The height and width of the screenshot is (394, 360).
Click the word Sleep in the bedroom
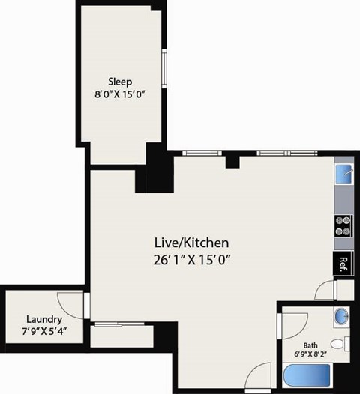point(120,82)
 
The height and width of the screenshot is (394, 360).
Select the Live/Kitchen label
point(190,243)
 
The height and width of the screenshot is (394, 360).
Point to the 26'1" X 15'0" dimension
point(190,261)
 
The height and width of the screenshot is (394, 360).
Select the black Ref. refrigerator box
point(343,264)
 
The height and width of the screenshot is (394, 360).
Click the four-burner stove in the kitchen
point(343,225)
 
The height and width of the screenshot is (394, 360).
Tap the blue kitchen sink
point(343,174)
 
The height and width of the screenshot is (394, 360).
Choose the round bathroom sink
point(341,315)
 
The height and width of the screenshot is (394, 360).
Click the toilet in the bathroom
point(340,345)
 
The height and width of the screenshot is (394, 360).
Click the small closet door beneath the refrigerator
point(324,290)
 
